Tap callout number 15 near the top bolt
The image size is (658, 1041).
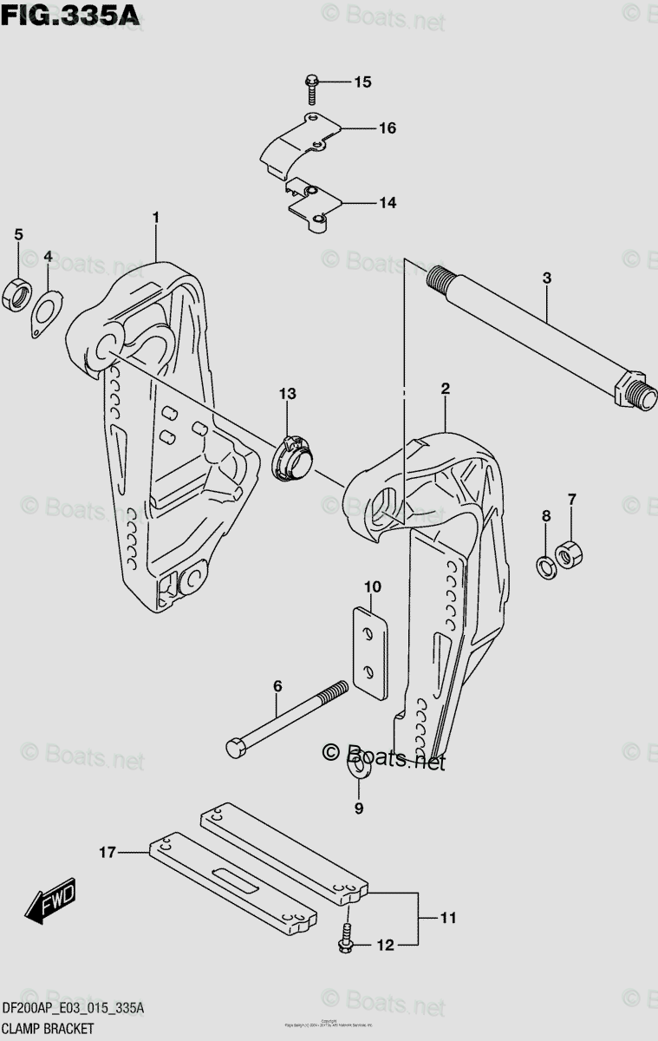362,82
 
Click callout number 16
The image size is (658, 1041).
387,128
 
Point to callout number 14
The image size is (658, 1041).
387,203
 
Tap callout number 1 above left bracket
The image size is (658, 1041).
156,216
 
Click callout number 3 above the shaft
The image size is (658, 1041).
546,278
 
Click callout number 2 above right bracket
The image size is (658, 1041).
445,390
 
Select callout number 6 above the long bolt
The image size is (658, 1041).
277,686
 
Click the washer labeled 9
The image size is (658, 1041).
357,771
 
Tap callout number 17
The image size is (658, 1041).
107,854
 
